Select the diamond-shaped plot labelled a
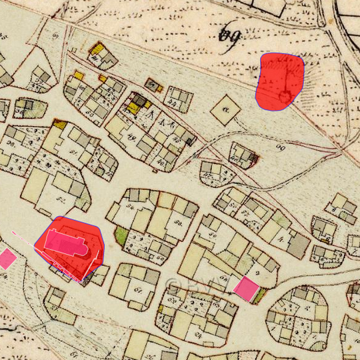[225, 107]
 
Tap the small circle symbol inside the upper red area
[285, 97]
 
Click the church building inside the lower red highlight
[69, 247]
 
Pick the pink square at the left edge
[7, 258]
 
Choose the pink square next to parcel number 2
[247, 288]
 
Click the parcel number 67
[139, 288]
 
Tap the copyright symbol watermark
[175, 285]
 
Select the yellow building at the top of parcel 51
[59, 124]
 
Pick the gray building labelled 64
[154, 85]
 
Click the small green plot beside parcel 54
[121, 235]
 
